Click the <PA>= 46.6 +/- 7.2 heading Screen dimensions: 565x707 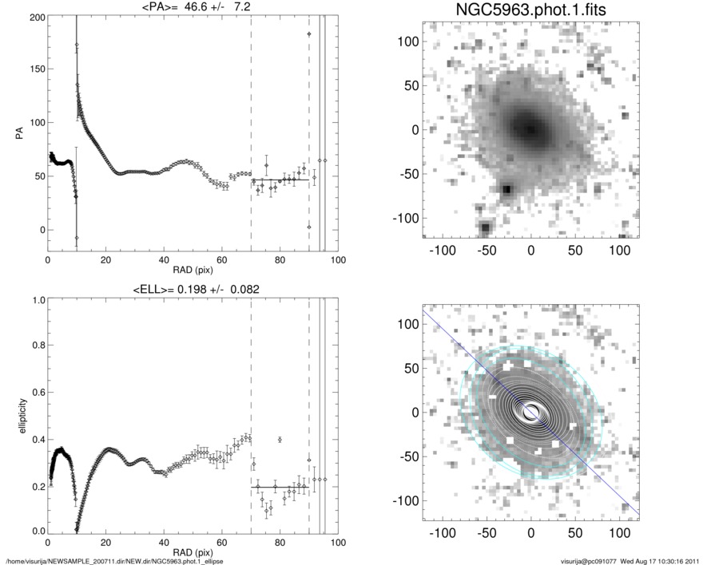click(193, 8)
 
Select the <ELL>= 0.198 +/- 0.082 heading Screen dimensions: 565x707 click(193, 290)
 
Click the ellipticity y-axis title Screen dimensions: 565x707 click(17, 416)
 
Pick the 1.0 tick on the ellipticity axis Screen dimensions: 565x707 click(36, 300)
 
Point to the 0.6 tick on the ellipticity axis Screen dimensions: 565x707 click(36, 393)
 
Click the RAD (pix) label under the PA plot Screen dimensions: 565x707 click(193, 271)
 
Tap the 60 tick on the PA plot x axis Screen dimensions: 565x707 click(221, 260)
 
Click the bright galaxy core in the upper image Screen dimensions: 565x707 click(529, 128)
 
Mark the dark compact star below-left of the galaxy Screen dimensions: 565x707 click(506, 190)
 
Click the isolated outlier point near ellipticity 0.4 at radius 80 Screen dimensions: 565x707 click(280, 440)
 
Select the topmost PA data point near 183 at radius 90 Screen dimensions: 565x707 click(309, 34)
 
